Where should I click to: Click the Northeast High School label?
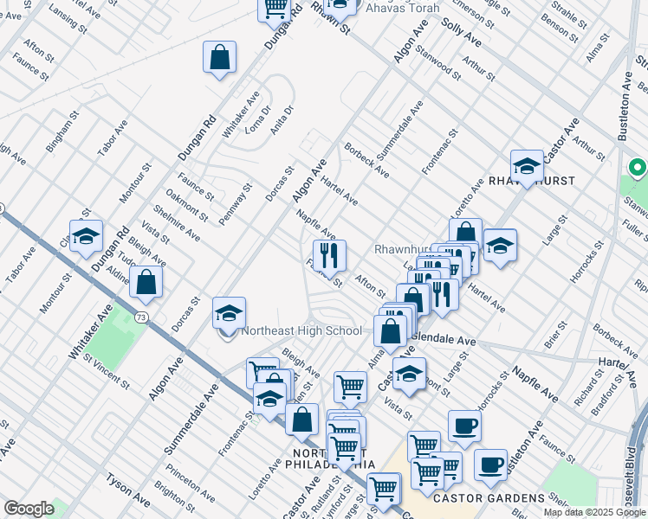pos(301,330)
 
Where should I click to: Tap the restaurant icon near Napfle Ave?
pos(330,255)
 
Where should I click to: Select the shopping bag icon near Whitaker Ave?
pos(220,57)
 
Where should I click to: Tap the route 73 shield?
pos(140,317)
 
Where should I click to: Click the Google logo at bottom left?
pos(29,509)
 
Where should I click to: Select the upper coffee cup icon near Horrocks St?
pos(465,426)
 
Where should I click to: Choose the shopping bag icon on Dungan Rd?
pos(146,282)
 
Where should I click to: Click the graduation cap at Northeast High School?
pos(230,312)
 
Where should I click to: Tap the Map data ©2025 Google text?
pos(594,512)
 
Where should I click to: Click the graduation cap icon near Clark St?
pos(86,236)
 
